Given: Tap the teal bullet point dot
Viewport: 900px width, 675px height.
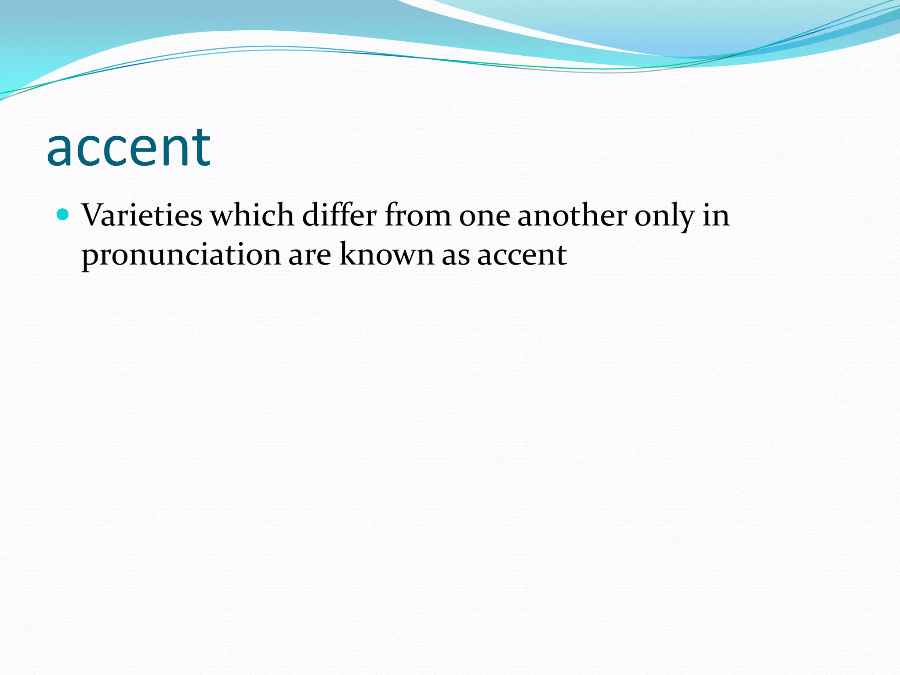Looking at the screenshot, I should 63,214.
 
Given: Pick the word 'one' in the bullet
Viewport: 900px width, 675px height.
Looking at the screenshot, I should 484,216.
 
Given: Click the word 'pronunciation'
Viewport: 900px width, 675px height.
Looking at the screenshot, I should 181,255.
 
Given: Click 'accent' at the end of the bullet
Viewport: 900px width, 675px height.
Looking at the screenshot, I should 522,255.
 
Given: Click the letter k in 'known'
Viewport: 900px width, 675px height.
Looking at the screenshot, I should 349,254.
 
